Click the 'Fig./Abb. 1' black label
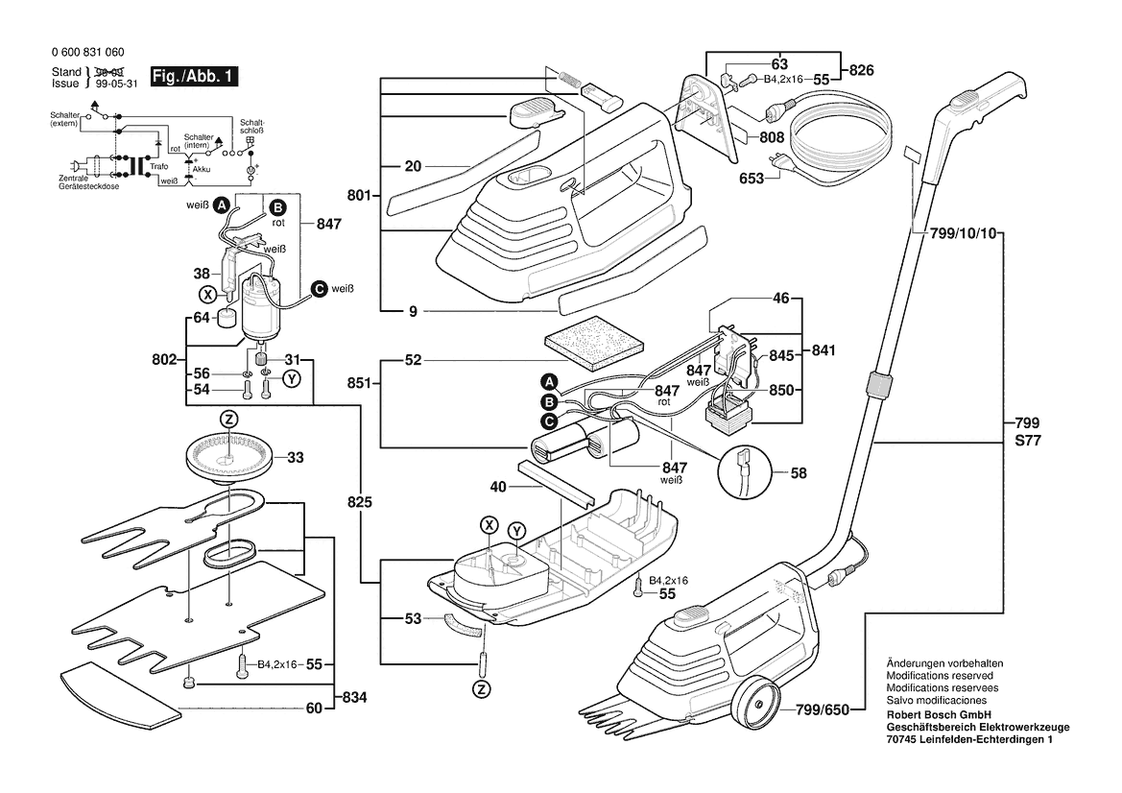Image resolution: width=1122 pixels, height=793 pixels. [x=194, y=77]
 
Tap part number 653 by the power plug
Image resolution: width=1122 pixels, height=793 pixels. [x=752, y=178]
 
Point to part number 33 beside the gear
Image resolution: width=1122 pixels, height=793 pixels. [x=295, y=457]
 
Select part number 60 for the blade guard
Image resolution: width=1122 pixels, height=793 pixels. [x=313, y=708]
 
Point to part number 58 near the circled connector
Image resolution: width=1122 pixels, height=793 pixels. [x=799, y=472]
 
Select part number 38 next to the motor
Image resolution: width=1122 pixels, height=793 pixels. [x=203, y=273]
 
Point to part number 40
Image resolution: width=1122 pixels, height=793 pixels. [x=497, y=487]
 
